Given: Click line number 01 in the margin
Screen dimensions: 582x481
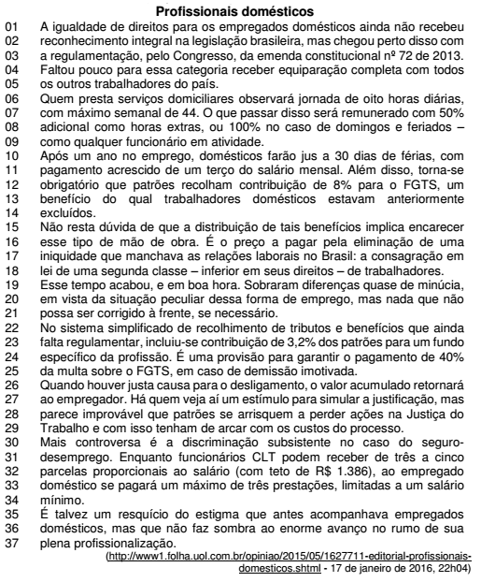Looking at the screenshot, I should (12, 28).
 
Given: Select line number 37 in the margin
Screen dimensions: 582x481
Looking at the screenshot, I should (12, 542).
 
